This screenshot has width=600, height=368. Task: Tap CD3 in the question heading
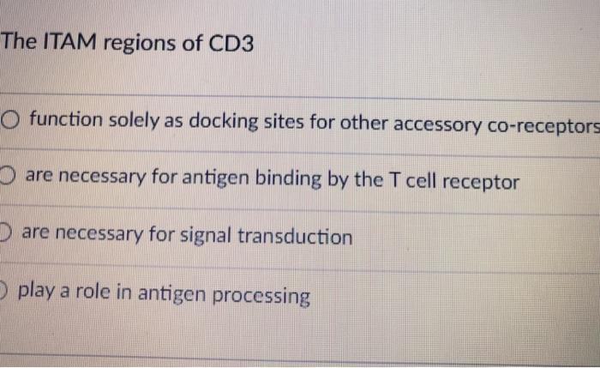231,43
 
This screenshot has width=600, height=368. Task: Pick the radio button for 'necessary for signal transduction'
4,233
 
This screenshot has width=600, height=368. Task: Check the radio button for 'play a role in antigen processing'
3,290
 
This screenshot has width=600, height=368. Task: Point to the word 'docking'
225,122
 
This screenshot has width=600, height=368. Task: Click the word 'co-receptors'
543,124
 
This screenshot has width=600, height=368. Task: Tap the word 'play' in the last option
35,292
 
